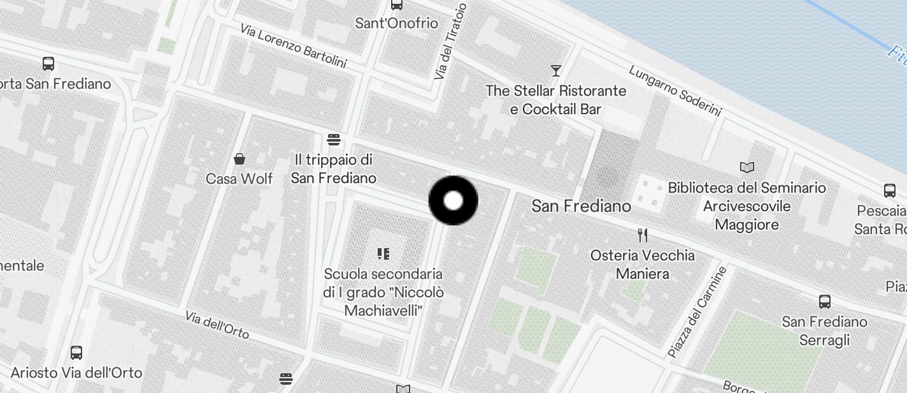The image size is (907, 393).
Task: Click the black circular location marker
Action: click(453, 201)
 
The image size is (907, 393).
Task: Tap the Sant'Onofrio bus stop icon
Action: click(397, 4)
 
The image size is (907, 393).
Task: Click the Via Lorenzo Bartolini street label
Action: click(293, 46)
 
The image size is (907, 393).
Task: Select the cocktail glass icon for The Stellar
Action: click(556, 70)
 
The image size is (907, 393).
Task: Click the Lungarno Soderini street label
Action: click(675, 91)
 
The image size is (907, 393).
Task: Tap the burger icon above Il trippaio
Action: click(333, 140)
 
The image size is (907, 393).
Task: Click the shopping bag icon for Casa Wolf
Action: click(239, 159)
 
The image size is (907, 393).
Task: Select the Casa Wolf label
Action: click(239, 179)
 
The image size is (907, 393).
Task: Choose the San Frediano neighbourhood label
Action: click(581, 206)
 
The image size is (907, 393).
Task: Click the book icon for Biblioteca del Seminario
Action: click(747, 168)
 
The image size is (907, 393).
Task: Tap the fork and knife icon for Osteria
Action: click(642, 235)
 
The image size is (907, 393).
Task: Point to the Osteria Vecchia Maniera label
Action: click(642, 265)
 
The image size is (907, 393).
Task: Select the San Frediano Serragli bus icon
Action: click(824, 302)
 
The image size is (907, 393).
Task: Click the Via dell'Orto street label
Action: click(217, 325)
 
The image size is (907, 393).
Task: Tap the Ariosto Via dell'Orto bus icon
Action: click(76, 352)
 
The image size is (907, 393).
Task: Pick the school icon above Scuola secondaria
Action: click(383, 254)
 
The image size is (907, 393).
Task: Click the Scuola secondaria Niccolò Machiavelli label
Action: click(383, 292)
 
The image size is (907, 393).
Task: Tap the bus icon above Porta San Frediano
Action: click(48, 64)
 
